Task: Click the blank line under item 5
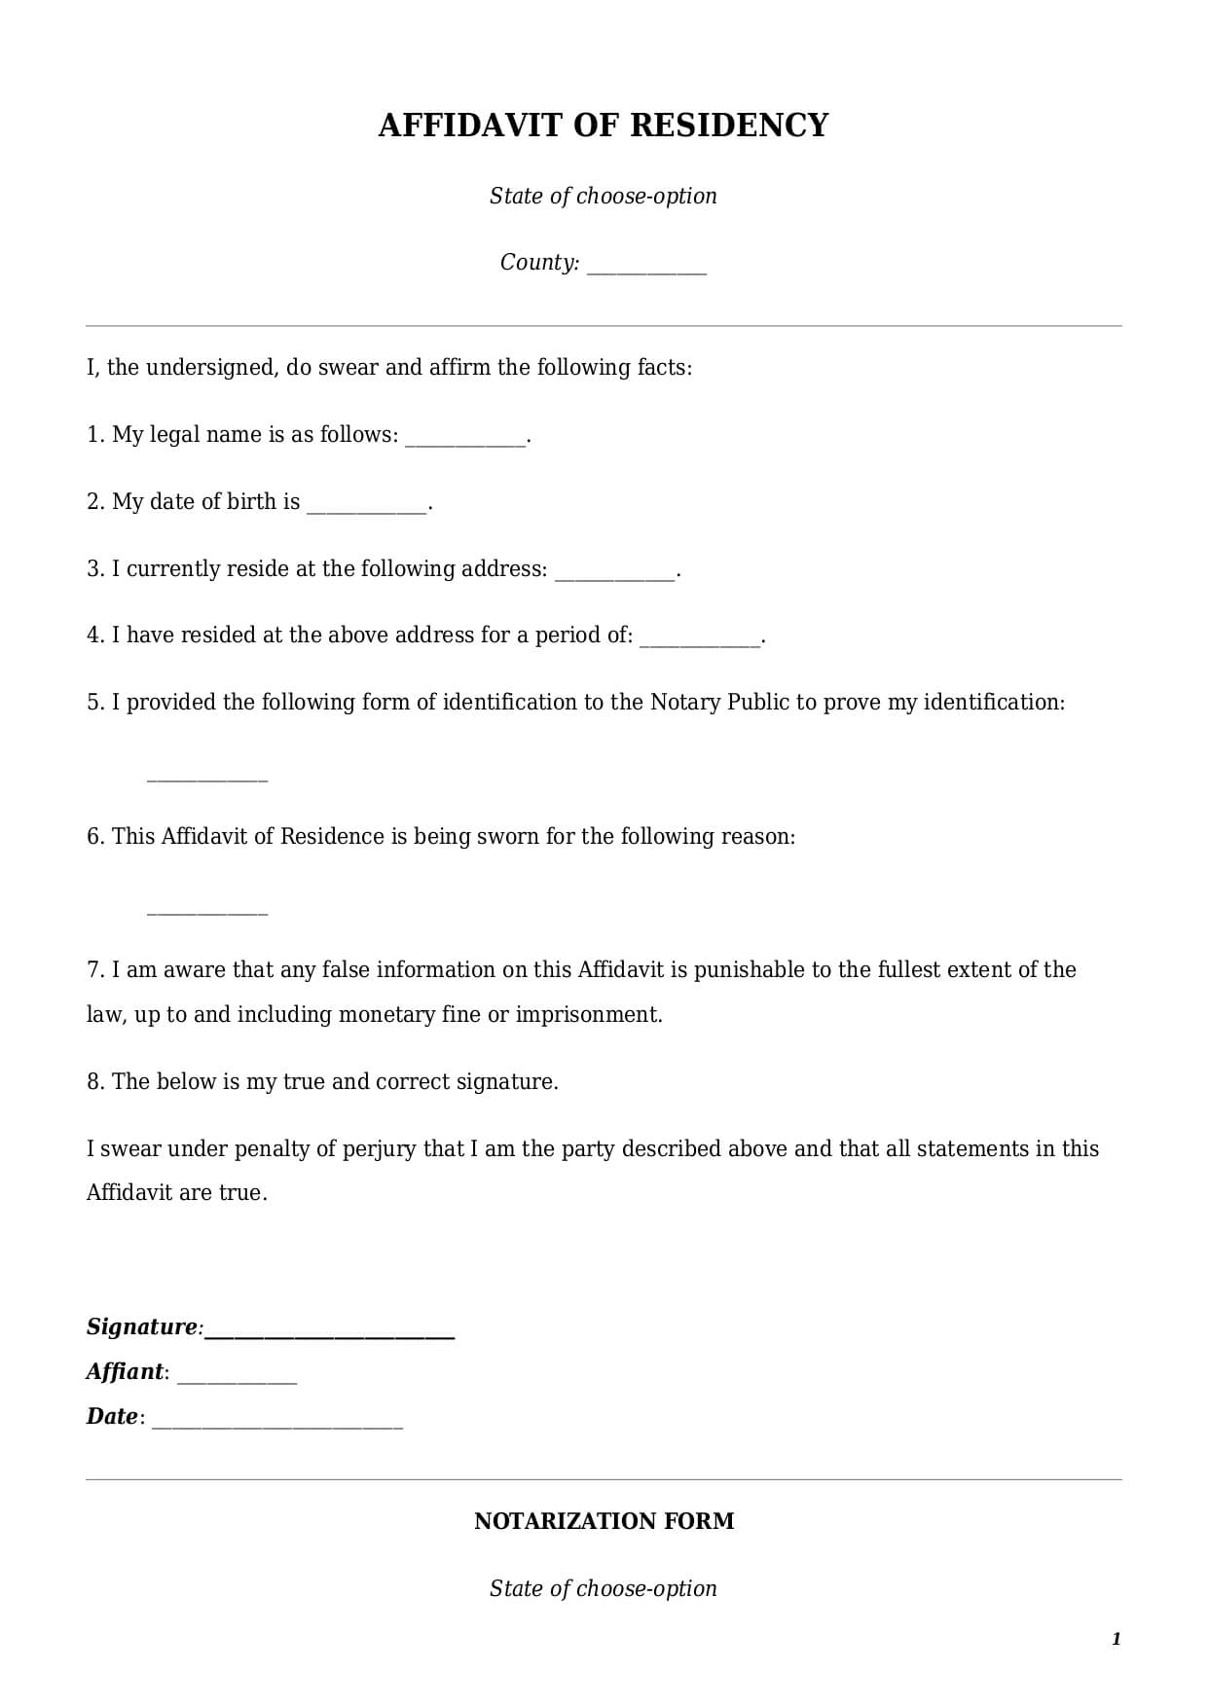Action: tap(206, 779)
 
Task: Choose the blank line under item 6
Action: tap(206, 912)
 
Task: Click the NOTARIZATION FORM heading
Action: tap(604, 1521)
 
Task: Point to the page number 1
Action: tap(1116, 1639)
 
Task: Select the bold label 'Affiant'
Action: tap(125, 1372)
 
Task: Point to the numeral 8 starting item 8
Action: tap(92, 1082)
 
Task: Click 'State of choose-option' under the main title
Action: tap(604, 196)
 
